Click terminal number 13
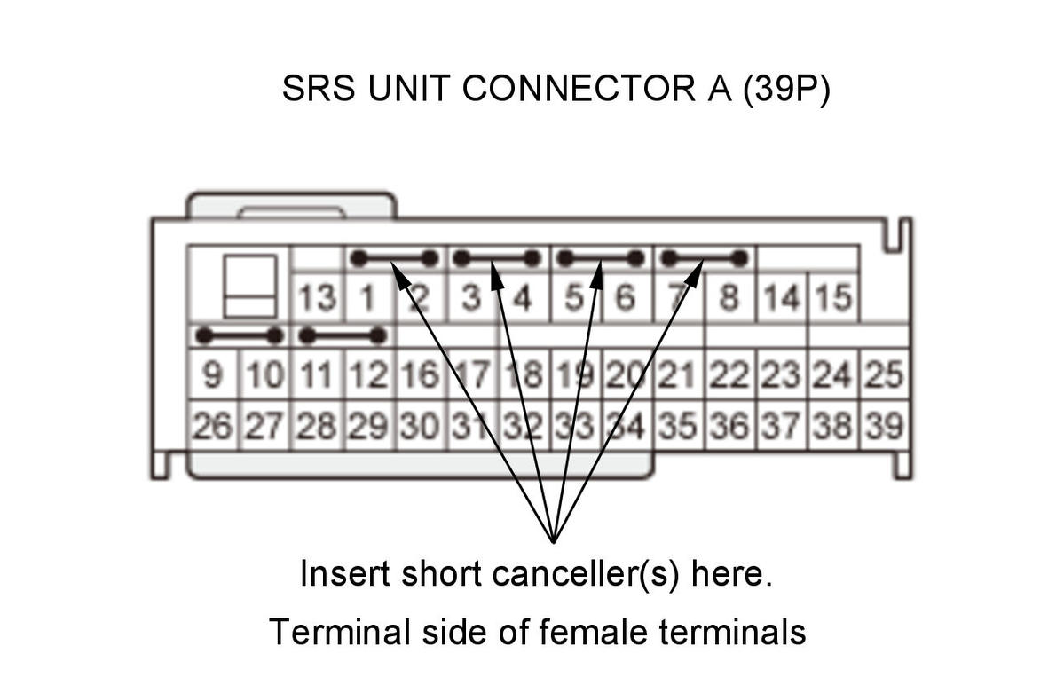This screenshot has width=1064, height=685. click(317, 298)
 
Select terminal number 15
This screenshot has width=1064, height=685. click(832, 298)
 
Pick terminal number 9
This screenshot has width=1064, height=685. click(212, 374)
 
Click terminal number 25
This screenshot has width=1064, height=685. click(884, 374)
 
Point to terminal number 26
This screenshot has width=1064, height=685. click(212, 426)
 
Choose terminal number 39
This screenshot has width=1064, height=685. click(884, 426)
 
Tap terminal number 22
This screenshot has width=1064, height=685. click(729, 374)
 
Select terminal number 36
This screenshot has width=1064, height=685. click(729, 426)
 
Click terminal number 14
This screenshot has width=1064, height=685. click(781, 298)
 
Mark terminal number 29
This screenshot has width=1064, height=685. click(367, 426)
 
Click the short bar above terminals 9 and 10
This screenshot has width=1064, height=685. click(239, 335)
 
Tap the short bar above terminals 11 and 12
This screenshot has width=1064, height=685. click(342, 335)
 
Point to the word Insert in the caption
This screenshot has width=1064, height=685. click(344, 574)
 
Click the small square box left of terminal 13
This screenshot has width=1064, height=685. click(250, 287)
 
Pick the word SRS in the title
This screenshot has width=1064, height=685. click(319, 88)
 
